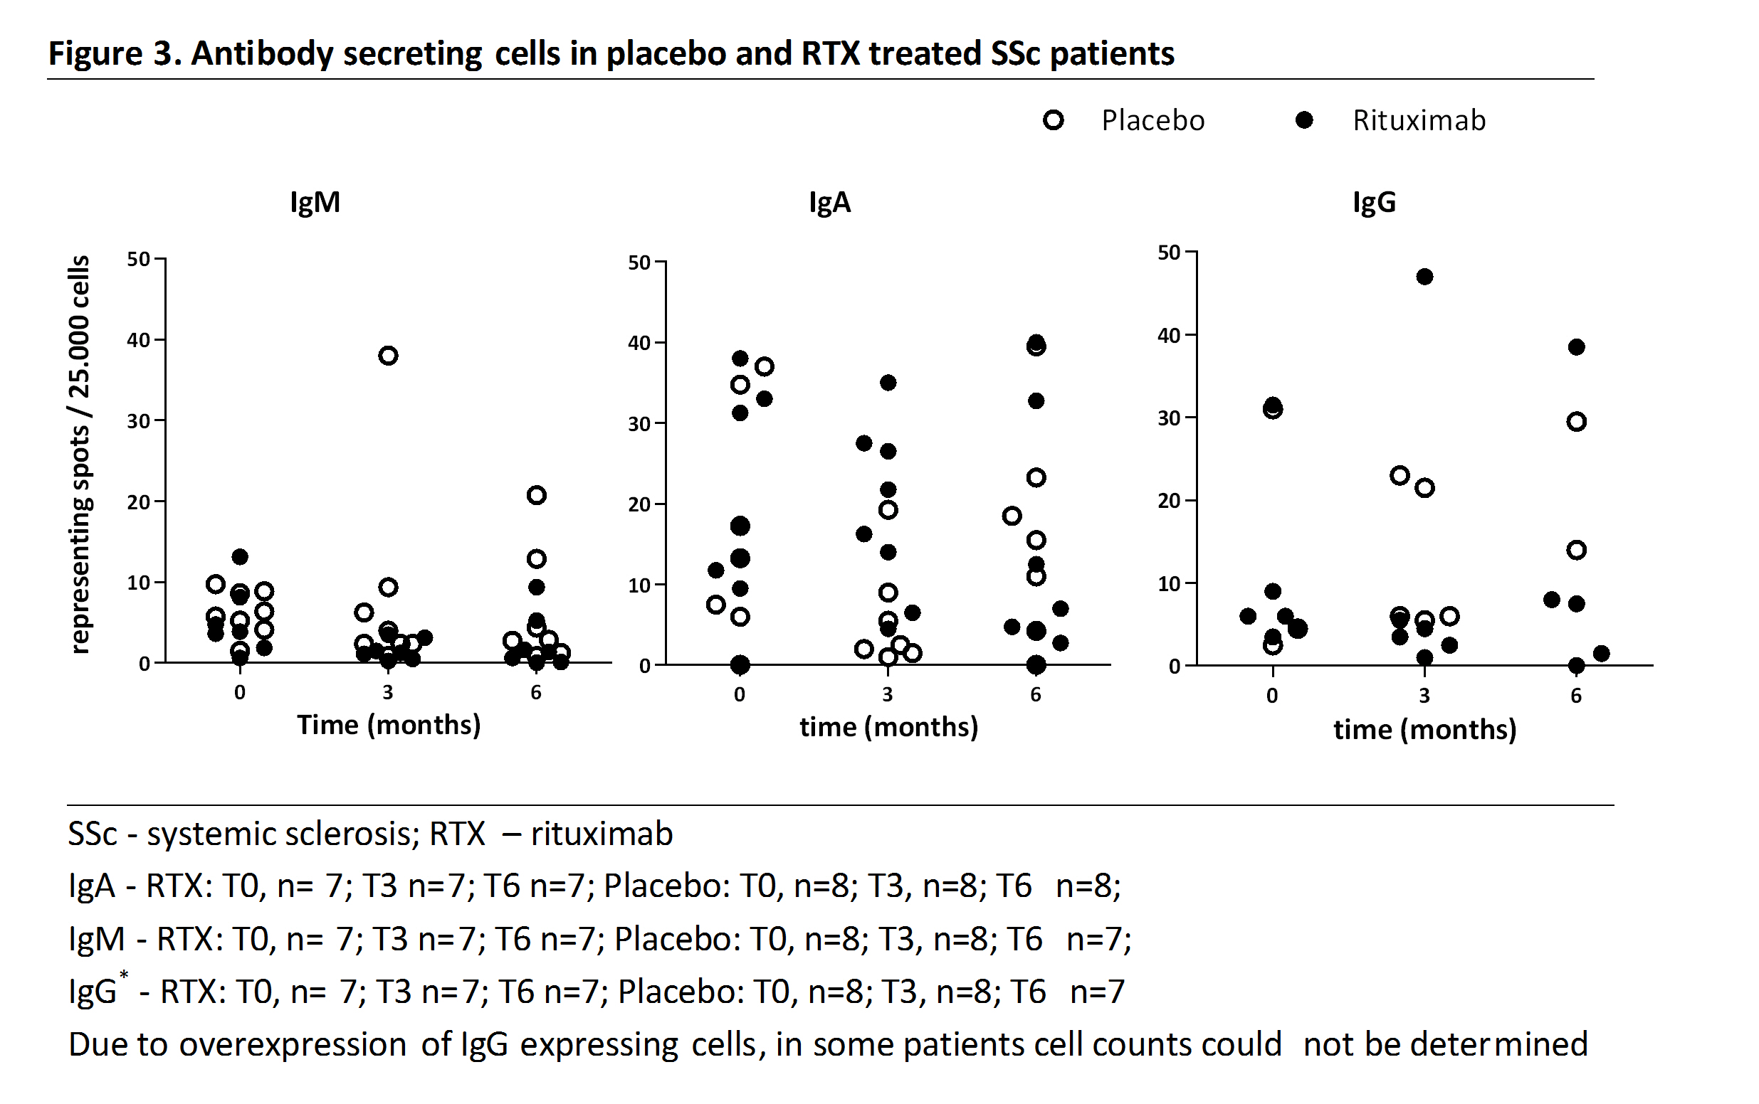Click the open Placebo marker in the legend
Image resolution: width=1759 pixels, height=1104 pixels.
click(1054, 120)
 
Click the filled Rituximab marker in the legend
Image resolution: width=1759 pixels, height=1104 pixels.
click(1304, 120)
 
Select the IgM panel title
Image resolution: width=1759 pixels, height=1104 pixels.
click(315, 202)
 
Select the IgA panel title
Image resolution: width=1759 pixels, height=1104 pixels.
click(830, 202)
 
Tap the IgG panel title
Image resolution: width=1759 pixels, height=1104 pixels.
click(1374, 202)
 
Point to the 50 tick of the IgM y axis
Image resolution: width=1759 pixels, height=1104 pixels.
click(139, 259)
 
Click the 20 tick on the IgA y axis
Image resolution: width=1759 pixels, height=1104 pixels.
click(640, 504)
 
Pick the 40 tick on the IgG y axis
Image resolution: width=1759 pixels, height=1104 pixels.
click(1170, 336)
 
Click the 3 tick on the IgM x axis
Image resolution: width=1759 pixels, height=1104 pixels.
click(388, 692)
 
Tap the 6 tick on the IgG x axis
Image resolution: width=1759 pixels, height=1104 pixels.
click(1576, 696)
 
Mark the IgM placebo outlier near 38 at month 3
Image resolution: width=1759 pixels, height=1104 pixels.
click(388, 356)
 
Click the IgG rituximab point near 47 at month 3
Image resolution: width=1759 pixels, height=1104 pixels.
click(1424, 277)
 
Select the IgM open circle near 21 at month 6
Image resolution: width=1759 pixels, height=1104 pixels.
click(536, 495)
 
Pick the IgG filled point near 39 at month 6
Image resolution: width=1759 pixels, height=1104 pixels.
click(1576, 347)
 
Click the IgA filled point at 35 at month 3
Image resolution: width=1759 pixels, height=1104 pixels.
click(888, 383)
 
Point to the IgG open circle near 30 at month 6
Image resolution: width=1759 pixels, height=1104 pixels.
click(1576, 421)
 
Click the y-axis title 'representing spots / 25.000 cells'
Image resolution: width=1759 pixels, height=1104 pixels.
click(80, 453)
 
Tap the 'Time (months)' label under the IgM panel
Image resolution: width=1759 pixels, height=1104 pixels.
click(389, 725)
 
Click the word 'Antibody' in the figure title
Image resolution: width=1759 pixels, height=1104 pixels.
click(262, 54)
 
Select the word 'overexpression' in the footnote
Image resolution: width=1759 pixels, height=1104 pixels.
click(292, 1045)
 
